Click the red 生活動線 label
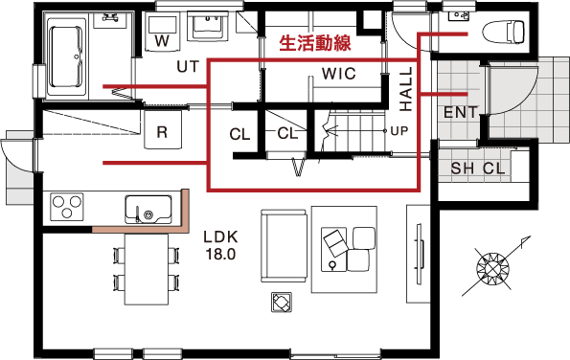315,43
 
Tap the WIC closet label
339,74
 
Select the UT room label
188,66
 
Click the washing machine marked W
162,32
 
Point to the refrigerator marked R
163,129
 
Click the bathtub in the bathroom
67,56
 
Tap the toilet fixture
503,33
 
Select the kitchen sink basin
148,209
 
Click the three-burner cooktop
66,207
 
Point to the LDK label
220,237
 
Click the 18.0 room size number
220,255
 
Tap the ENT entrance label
461,112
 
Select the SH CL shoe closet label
478,169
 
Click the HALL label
406,89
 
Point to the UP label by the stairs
399,131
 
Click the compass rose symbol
492,269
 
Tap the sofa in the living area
284,245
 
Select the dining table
147,269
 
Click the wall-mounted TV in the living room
420,254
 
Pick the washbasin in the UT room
208,25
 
